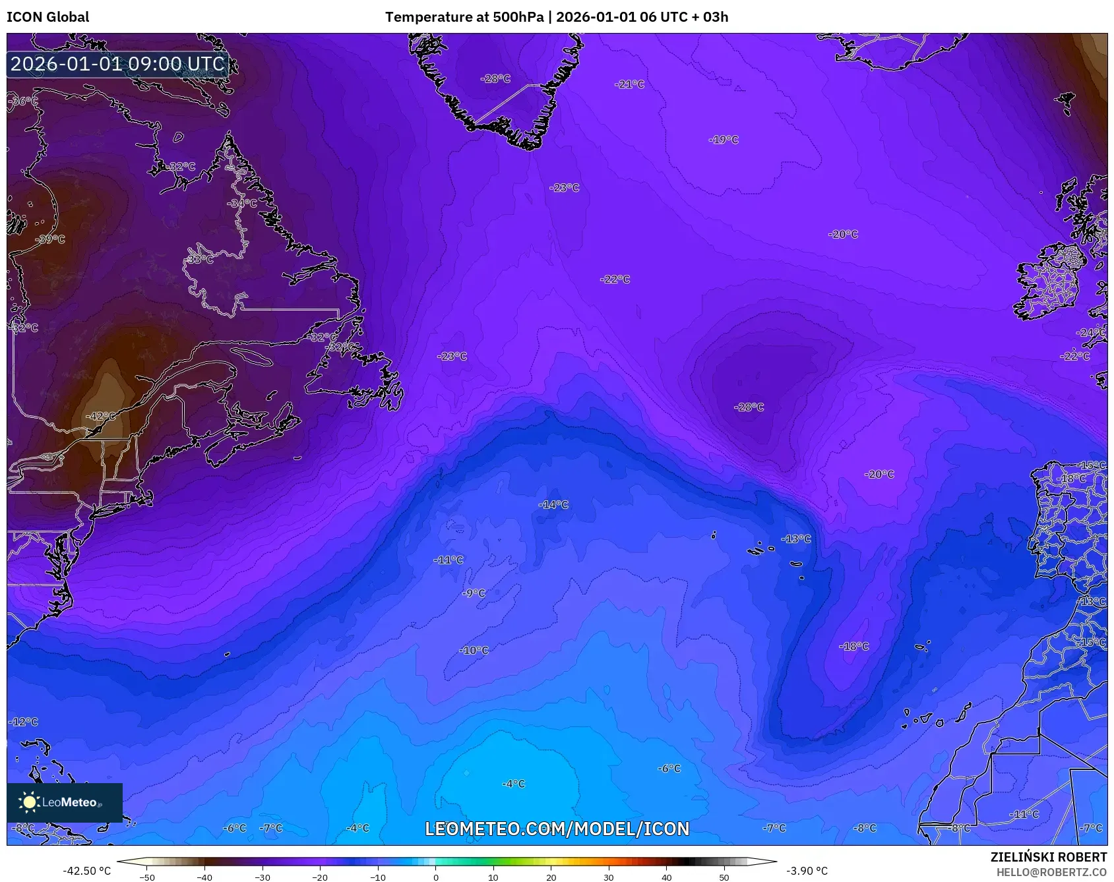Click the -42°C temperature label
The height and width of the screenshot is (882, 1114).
pyautogui.click(x=100, y=416)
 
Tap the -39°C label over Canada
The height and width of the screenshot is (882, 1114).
pyautogui.click(x=50, y=239)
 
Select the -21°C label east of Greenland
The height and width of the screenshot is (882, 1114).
pyautogui.click(x=629, y=84)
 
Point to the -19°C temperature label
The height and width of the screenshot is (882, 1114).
pyautogui.click(x=724, y=140)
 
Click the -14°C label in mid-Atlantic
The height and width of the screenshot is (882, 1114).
pyautogui.click(x=553, y=504)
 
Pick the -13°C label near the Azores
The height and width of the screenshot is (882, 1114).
pyautogui.click(x=796, y=539)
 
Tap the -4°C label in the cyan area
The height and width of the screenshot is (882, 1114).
pyautogui.click(x=513, y=784)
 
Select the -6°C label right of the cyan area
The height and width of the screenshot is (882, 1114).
pyautogui.click(x=669, y=768)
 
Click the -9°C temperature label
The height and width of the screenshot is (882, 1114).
pyautogui.click(x=474, y=593)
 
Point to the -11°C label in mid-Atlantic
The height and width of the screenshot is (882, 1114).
pyautogui.click(x=449, y=560)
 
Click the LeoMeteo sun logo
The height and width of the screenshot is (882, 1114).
pyautogui.click(x=29, y=802)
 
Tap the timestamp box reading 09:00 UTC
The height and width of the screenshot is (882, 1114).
pyautogui.click(x=117, y=64)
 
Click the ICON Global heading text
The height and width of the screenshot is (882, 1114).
pyautogui.click(x=47, y=17)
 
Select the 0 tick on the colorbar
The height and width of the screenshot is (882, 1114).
pyautogui.click(x=435, y=877)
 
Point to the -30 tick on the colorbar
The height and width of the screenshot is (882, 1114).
pyautogui.click(x=263, y=877)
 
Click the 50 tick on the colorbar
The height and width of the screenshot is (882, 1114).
pyautogui.click(x=724, y=877)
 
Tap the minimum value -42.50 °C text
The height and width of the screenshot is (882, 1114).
pyautogui.click(x=86, y=871)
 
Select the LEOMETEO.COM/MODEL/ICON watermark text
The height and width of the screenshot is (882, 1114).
pyautogui.click(x=557, y=829)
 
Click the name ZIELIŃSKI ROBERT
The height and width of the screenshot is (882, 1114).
pyautogui.click(x=1048, y=857)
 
